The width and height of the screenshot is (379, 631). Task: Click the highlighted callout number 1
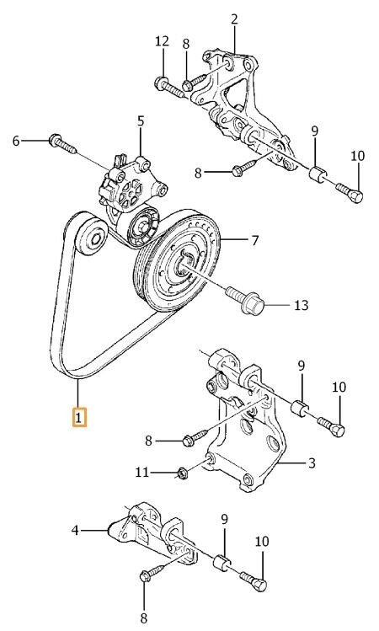click(79, 417)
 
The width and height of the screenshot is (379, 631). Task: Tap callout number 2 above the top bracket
click(234, 19)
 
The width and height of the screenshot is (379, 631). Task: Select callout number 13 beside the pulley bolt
click(301, 306)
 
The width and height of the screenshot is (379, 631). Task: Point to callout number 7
click(255, 240)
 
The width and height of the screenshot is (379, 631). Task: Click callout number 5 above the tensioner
click(141, 121)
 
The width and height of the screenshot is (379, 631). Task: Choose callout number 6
click(16, 141)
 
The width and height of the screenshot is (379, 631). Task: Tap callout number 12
click(163, 41)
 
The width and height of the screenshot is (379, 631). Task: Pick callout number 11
click(142, 472)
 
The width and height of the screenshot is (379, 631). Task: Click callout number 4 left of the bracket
click(75, 531)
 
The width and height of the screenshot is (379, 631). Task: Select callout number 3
click(312, 463)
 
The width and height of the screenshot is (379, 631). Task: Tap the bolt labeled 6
click(62, 144)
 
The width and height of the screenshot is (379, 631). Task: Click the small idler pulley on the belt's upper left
click(92, 238)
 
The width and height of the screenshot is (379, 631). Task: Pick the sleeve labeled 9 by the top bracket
click(318, 174)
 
